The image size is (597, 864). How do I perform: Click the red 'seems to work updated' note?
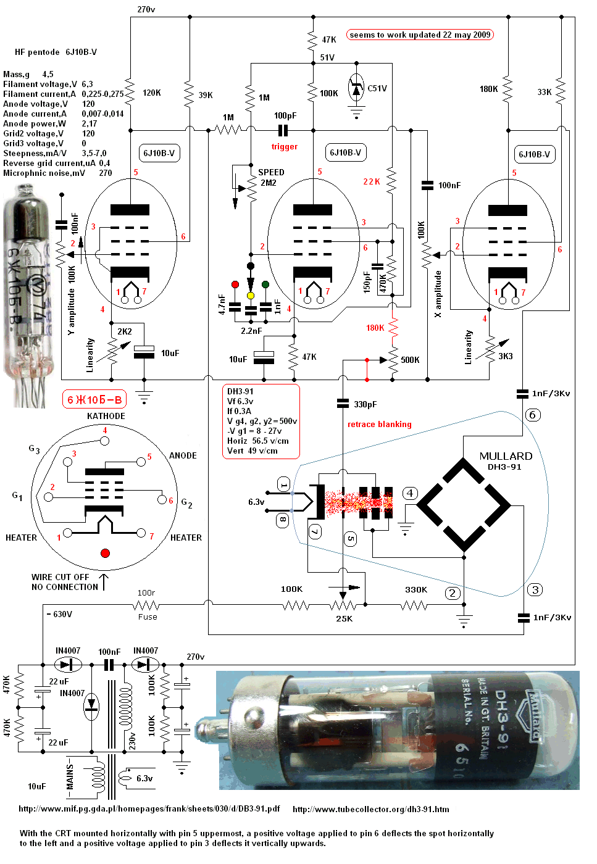point(420,35)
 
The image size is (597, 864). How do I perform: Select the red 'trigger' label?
point(284,147)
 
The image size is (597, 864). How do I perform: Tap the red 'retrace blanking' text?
point(379,424)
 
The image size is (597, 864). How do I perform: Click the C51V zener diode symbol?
point(356,89)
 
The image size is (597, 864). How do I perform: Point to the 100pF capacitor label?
point(285,115)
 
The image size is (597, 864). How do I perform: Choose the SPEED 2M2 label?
point(270,177)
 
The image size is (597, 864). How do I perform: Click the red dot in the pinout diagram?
point(105,553)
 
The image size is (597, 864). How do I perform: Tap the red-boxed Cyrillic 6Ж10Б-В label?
point(94,400)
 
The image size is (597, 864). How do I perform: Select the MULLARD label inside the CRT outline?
point(506,456)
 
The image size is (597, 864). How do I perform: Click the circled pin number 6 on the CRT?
point(533,415)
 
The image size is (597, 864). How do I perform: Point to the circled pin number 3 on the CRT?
point(535,590)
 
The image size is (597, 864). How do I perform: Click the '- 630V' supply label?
point(60,614)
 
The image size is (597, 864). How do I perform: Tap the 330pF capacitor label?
point(365,404)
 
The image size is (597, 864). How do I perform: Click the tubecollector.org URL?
point(370,809)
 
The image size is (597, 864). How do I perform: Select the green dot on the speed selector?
point(265,285)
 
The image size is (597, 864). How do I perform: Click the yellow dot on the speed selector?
point(251,296)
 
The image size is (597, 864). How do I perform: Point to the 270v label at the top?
point(146,9)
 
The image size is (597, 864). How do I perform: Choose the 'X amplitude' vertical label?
point(438,294)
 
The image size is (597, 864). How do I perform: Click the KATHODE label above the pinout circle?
point(106,416)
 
